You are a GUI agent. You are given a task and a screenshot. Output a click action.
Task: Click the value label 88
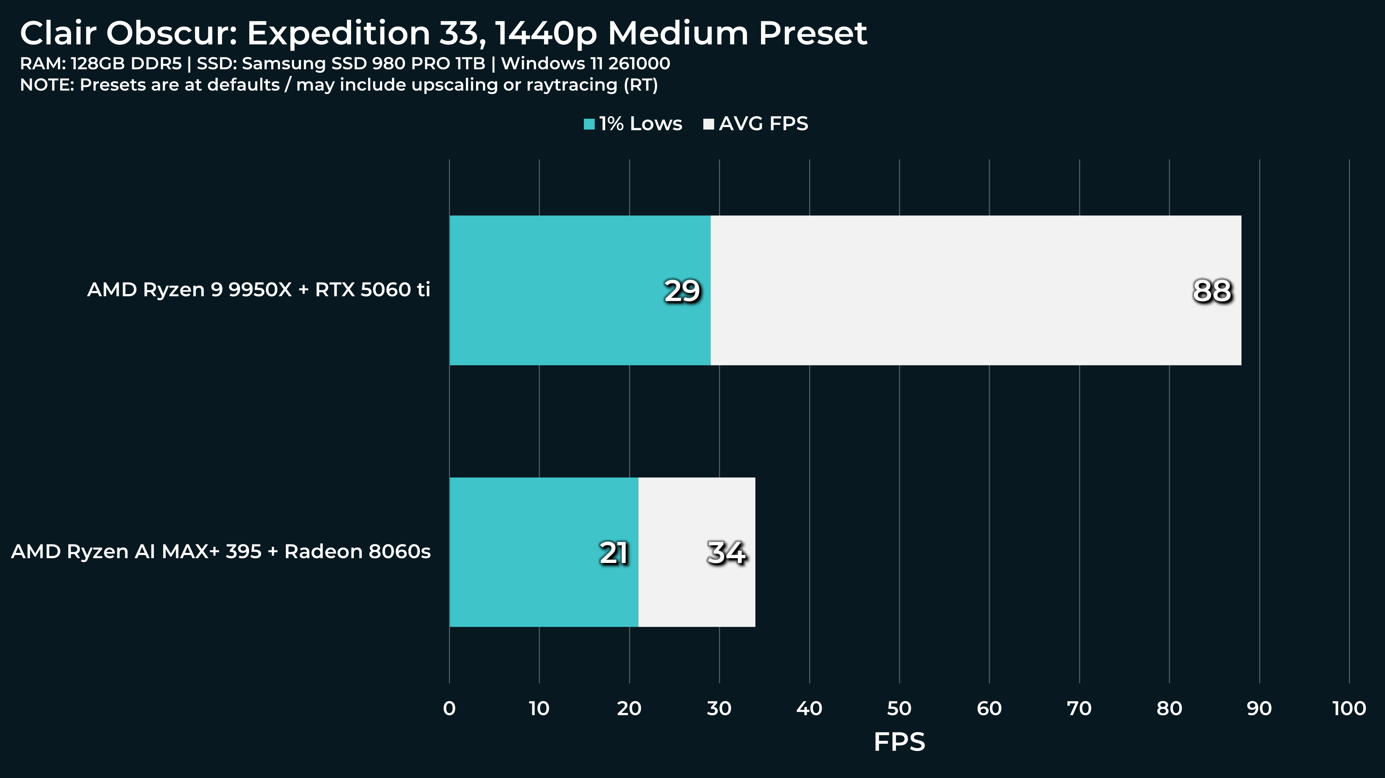[1212, 291]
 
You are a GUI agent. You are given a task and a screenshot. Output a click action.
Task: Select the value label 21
[614, 553]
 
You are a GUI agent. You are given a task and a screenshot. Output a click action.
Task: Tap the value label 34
[727, 553]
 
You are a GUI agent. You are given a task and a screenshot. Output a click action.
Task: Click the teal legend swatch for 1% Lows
[589, 124]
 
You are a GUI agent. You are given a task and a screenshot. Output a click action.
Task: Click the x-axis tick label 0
[450, 709]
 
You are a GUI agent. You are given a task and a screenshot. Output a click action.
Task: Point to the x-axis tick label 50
[899, 709]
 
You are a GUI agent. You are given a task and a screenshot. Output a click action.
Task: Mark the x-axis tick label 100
[1349, 709]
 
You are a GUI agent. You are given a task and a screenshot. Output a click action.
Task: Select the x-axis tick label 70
[1079, 709]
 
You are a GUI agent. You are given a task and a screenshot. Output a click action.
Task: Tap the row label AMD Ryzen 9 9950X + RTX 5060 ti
[259, 290]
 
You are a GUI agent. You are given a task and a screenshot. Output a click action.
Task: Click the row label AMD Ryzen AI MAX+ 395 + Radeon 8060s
[221, 552]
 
